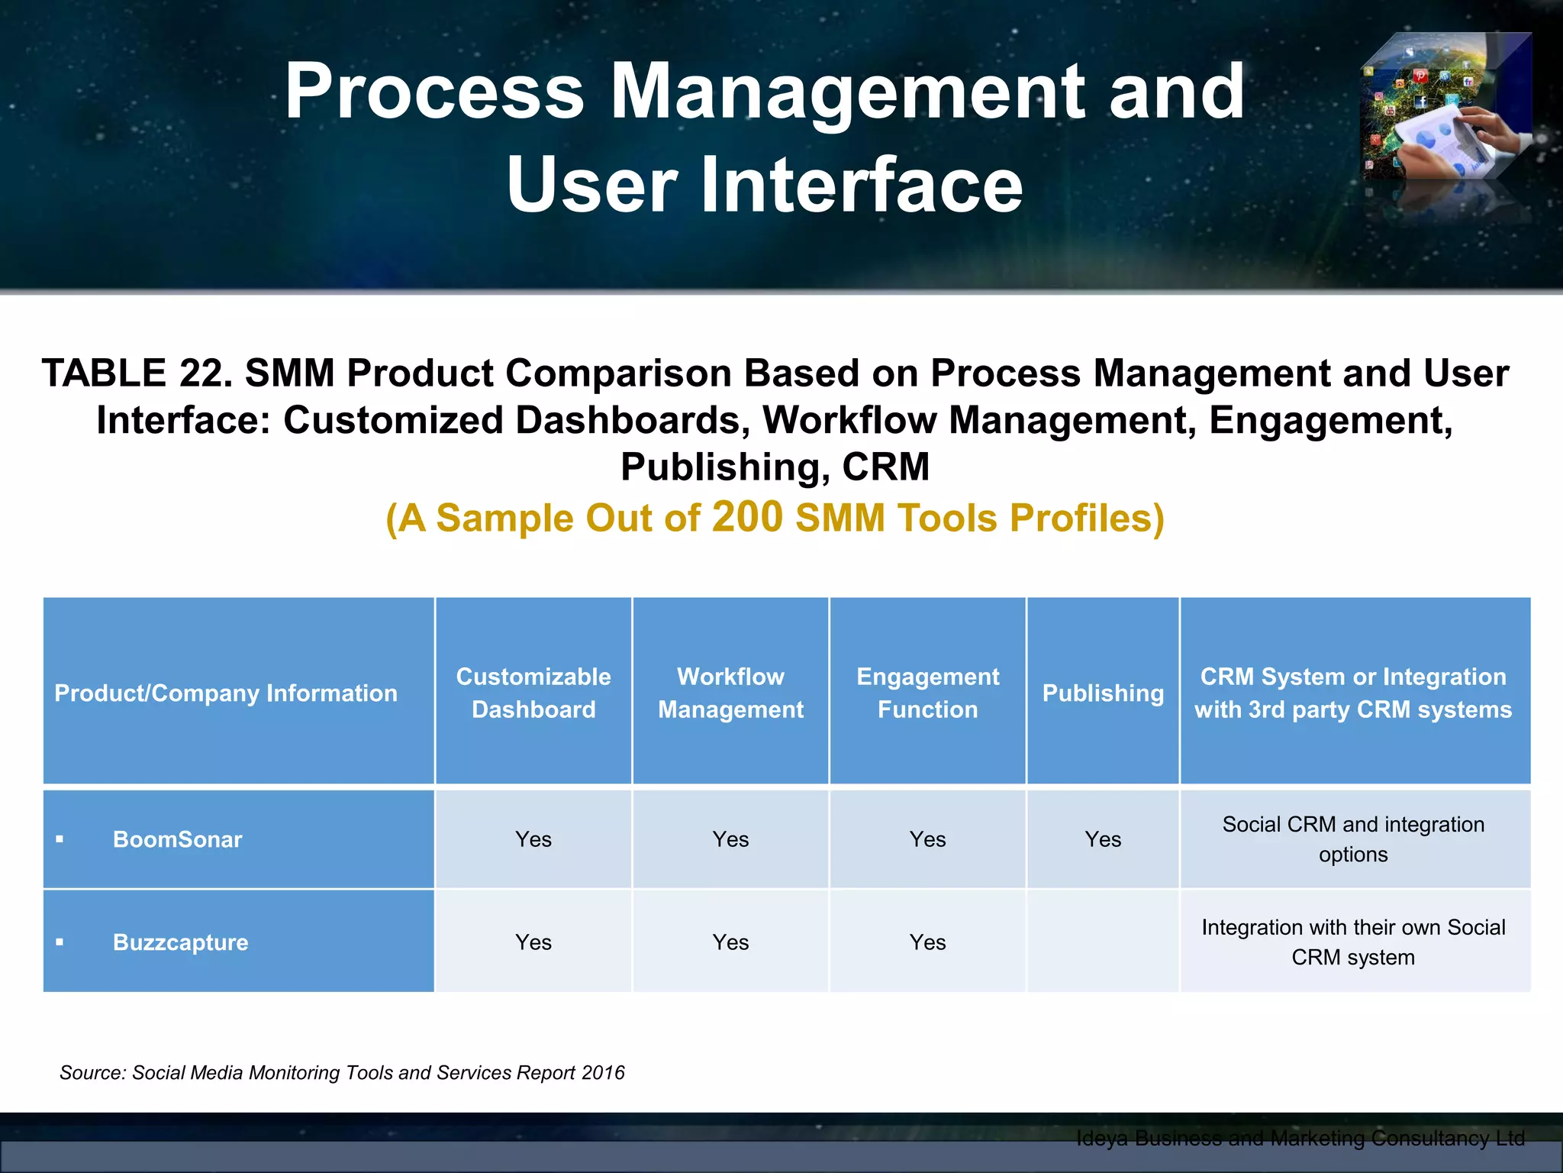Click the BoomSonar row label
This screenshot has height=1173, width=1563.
tap(177, 839)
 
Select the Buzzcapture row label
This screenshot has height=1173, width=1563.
tap(180, 942)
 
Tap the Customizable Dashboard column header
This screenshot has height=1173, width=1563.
tap(533, 693)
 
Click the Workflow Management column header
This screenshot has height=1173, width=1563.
tap(730, 693)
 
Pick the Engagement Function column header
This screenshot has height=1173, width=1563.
tap(927, 693)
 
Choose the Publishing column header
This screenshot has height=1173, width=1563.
tap(1103, 693)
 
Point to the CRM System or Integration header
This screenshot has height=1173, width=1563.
tap(1353, 693)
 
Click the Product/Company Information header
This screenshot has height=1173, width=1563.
tap(226, 693)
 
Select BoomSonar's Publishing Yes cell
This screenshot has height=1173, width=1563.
tap(1103, 839)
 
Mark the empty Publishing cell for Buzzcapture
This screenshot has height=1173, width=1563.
tap(1103, 942)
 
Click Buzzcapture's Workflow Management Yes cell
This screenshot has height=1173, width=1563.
tap(730, 942)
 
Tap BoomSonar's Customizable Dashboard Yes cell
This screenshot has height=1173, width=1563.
tap(533, 839)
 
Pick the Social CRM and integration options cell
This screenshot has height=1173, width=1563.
tap(1353, 839)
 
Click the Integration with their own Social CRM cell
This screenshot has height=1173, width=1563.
tap(1353, 942)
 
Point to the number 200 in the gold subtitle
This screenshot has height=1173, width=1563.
tap(747, 516)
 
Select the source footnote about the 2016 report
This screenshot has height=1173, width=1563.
tap(342, 1072)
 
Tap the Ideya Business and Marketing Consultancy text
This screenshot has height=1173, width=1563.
tap(1300, 1139)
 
